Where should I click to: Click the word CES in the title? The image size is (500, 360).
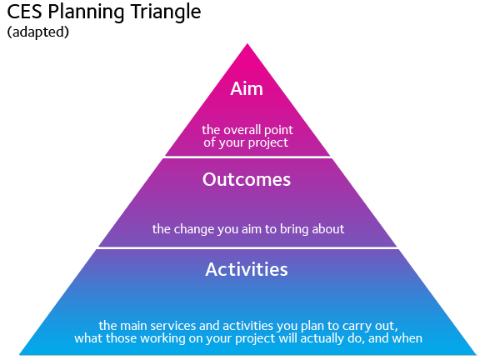pyautogui.click(x=24, y=12)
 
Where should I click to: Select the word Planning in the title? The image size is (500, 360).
pyautogui.click(x=87, y=13)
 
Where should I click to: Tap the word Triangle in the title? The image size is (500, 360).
pyautogui.click(x=166, y=13)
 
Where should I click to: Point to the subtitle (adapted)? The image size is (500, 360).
pyautogui.click(x=38, y=32)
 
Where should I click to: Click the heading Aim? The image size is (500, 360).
pyautogui.click(x=247, y=88)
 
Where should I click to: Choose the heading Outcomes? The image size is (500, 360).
pyautogui.click(x=247, y=179)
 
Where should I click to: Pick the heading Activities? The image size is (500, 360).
pyautogui.click(x=247, y=269)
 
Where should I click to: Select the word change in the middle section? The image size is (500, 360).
pyautogui.click(x=194, y=229)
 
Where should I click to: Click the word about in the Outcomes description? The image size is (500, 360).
pyautogui.click(x=327, y=229)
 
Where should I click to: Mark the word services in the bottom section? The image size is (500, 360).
pyautogui.click(x=173, y=326)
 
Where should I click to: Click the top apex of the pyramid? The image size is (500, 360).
pyautogui.click(x=247, y=44)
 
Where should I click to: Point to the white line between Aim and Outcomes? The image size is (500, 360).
pyautogui.click(x=247, y=157)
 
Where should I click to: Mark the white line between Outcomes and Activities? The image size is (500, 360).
pyautogui.click(x=247, y=247)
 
